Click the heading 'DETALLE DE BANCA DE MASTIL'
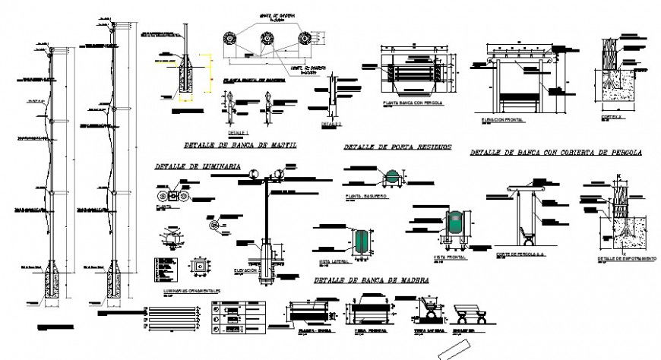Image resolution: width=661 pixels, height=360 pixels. (239, 145)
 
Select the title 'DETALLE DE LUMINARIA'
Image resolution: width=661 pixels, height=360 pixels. (198, 166)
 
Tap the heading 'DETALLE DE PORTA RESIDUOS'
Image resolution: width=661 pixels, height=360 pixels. (397, 147)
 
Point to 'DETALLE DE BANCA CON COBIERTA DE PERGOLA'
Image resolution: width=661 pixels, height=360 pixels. (556, 153)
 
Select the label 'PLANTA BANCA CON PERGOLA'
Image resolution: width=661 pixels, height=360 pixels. (413, 102)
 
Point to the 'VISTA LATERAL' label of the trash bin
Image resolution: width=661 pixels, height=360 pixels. (334, 261)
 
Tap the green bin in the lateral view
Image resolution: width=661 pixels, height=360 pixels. (362, 239)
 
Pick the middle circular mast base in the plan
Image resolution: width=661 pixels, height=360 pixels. (267, 39)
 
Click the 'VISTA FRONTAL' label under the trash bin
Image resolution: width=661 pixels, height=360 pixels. (448, 257)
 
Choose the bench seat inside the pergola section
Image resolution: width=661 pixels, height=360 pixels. (524, 231)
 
